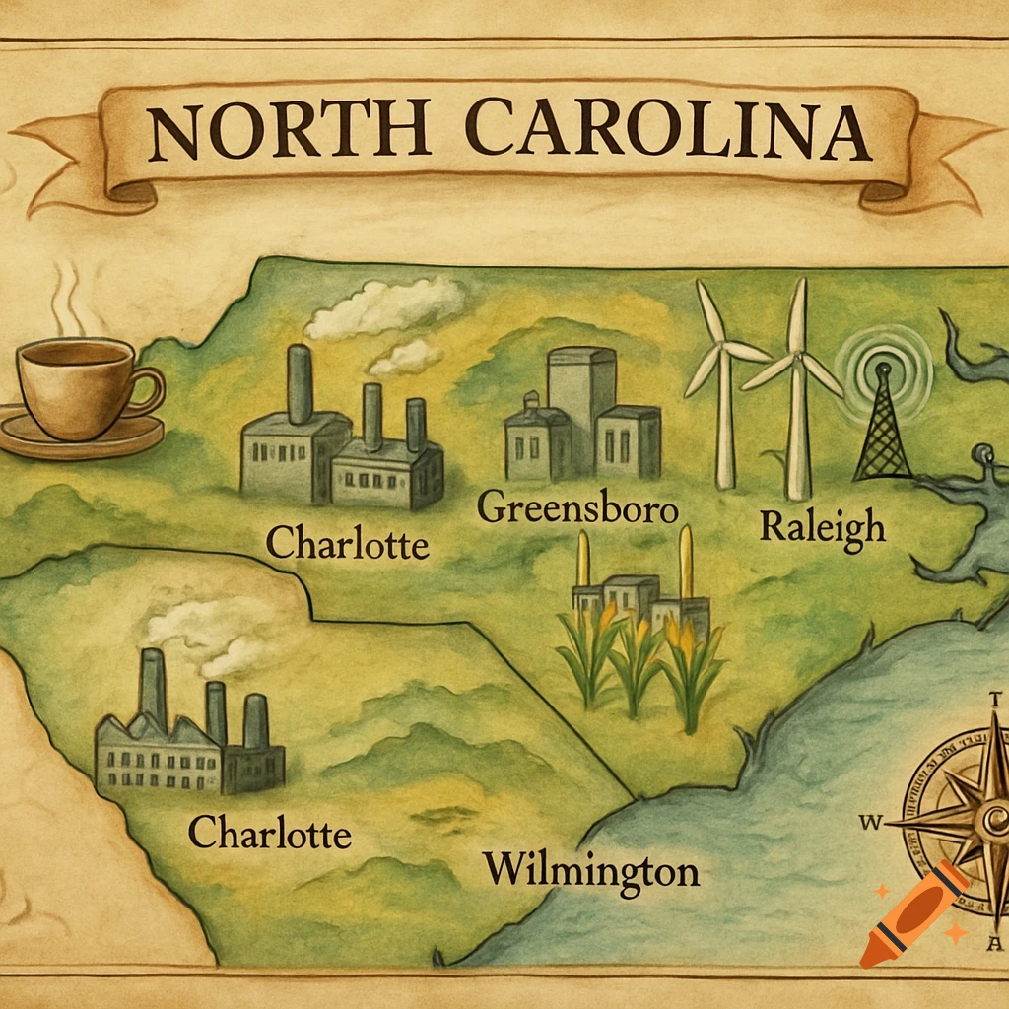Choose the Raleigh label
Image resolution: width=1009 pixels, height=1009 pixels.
tap(822, 526)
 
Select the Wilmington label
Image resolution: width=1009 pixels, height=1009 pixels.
tap(591, 869)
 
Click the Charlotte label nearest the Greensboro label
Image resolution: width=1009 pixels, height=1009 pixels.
tap(347, 542)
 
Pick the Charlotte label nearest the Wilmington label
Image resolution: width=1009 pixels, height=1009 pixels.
tap(269, 834)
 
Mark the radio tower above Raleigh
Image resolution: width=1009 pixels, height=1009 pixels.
tap(882, 424)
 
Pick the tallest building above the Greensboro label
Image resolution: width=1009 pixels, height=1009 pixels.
tap(580, 404)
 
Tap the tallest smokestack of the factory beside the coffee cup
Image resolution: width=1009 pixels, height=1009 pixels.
tap(300, 384)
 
